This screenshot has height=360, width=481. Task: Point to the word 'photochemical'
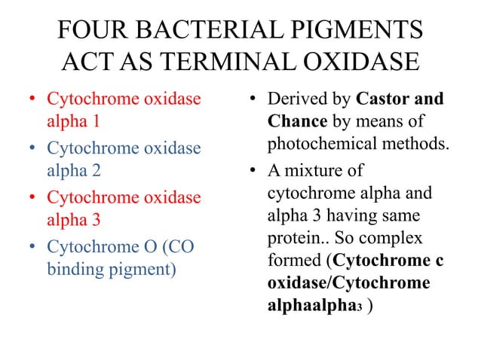click(x=317, y=141)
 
